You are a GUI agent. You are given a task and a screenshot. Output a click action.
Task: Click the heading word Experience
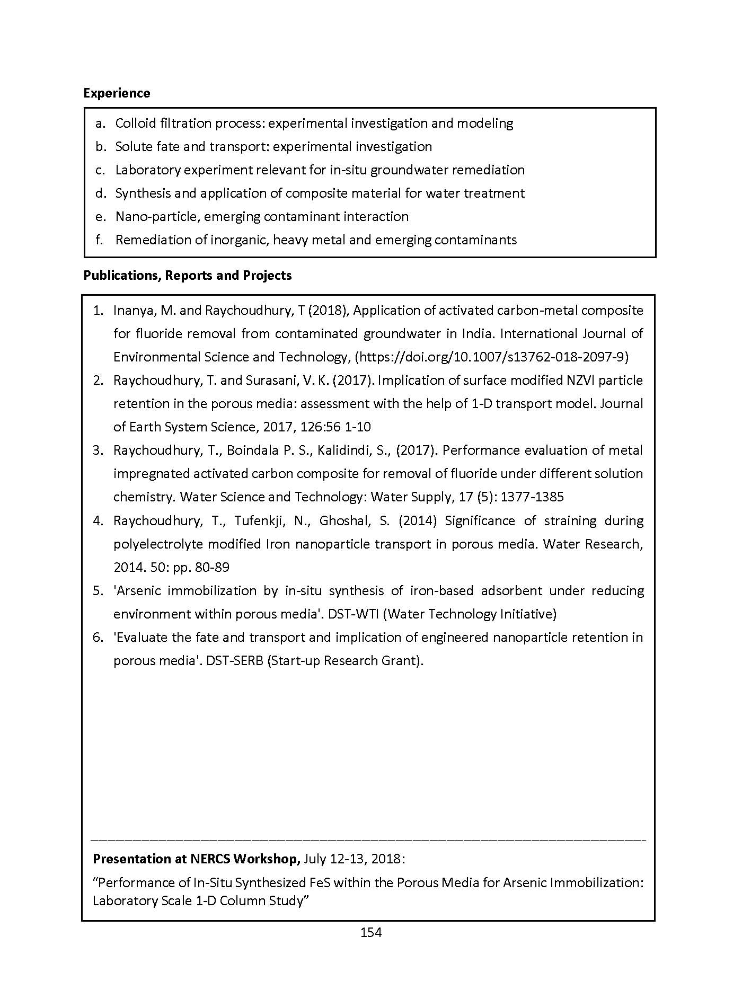(x=117, y=93)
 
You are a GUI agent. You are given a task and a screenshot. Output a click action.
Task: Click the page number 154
(x=371, y=932)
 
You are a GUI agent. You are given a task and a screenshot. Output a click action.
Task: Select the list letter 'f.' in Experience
(x=99, y=240)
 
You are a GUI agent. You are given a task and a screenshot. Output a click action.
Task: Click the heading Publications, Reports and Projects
(x=188, y=276)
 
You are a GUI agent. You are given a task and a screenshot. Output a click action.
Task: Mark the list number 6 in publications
(x=98, y=638)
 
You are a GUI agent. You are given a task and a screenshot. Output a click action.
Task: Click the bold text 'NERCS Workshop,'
(x=250, y=859)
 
